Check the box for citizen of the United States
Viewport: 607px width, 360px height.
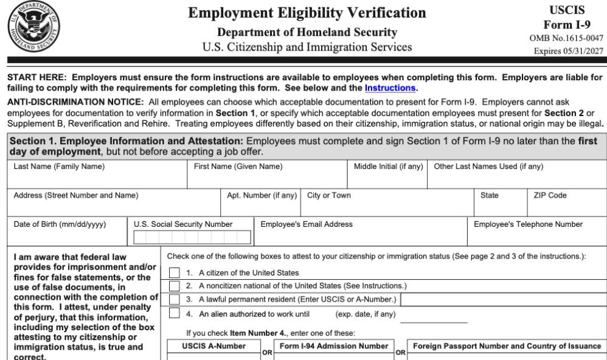[x=175, y=273]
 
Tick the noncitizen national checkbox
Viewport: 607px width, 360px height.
[x=175, y=286]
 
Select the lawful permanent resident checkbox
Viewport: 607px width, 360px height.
[x=175, y=299]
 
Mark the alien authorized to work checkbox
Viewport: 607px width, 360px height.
[x=175, y=313]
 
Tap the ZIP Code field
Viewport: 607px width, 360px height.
[x=565, y=207]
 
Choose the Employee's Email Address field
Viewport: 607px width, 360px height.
[x=361, y=237]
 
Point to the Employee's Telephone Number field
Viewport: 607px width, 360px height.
[x=538, y=237]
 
